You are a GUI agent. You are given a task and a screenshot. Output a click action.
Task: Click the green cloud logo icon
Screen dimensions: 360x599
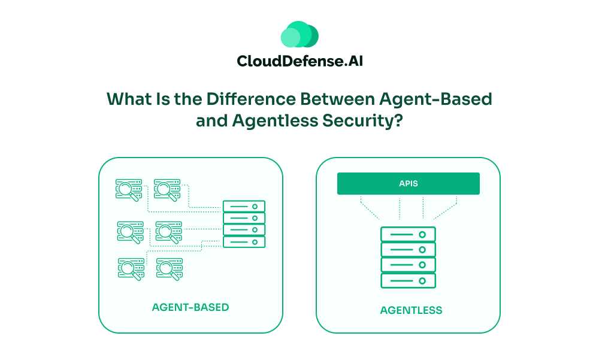coord(299,35)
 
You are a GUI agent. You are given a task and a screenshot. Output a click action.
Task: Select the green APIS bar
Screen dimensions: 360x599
coord(408,183)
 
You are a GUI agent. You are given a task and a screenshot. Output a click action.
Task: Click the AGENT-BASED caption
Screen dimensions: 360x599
coord(190,307)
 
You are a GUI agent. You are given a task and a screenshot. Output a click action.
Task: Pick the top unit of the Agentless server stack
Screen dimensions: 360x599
coord(408,234)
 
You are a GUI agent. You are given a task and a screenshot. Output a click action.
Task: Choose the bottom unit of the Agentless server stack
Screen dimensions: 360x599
coord(408,280)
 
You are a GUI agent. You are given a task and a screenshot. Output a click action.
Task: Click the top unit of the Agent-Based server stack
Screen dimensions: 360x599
coord(244,207)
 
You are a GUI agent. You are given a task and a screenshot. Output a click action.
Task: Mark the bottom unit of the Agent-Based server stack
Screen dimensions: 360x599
coord(244,242)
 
